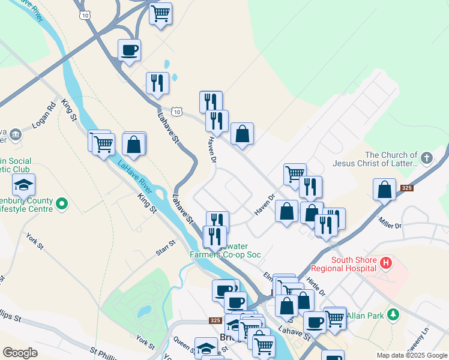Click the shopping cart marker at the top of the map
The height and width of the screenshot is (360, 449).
[x=160, y=13]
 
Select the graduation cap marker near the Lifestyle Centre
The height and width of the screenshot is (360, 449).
[x=23, y=185]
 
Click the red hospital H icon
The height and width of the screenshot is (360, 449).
[x=387, y=262]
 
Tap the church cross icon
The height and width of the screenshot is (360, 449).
[x=426, y=158]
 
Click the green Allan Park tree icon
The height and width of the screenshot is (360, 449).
[x=393, y=314]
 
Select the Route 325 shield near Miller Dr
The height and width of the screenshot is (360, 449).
[x=406, y=188]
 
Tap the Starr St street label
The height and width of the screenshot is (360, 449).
[x=164, y=248]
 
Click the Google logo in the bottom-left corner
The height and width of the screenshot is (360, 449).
[x=20, y=353]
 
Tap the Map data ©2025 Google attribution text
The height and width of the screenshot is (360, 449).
[x=412, y=355]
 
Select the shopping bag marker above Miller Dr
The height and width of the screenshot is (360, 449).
[x=384, y=189]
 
